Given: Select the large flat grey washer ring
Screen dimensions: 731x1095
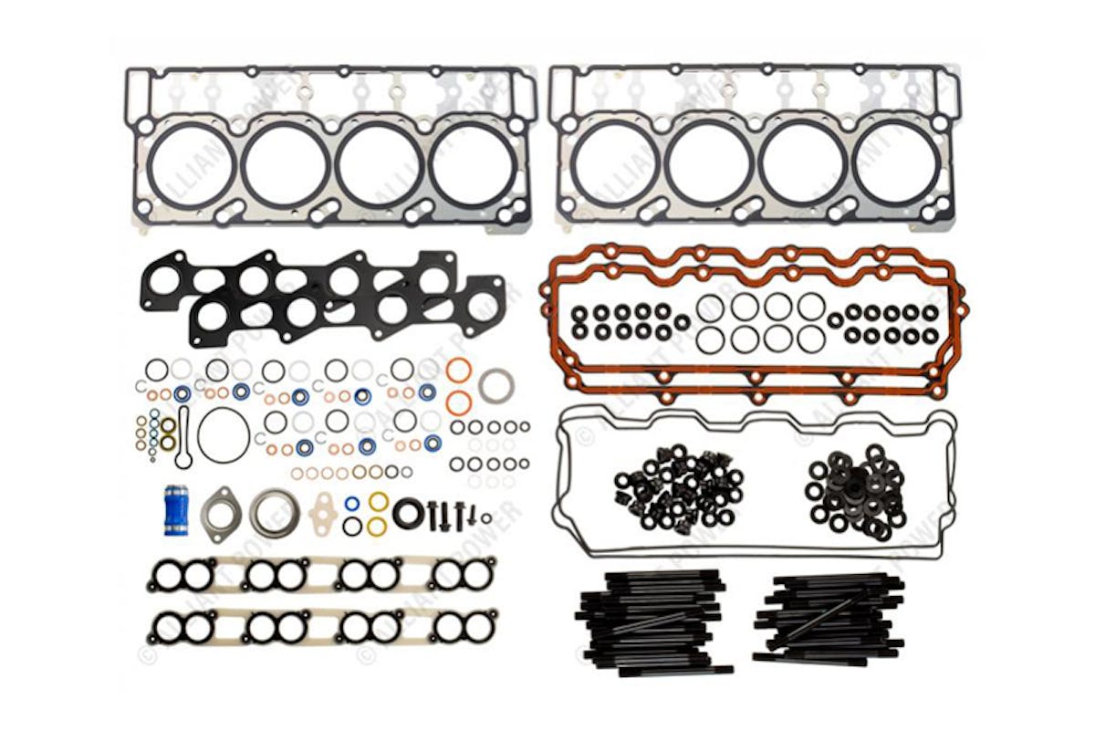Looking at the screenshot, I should (495, 385).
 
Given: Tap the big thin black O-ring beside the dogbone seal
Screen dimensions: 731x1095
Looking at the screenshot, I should (223, 435).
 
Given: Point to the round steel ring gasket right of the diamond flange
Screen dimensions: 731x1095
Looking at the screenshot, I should (274, 512).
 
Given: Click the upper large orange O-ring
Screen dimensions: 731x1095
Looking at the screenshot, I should (459, 371).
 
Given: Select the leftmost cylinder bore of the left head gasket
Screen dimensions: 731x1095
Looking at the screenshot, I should (193, 165).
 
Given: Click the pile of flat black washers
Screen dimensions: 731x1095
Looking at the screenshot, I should (855, 493).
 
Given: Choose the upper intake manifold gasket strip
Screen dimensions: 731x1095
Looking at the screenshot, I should (323, 574).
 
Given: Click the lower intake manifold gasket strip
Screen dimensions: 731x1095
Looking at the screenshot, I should (323, 626).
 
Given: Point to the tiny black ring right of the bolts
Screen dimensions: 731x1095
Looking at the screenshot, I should (486, 518).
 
